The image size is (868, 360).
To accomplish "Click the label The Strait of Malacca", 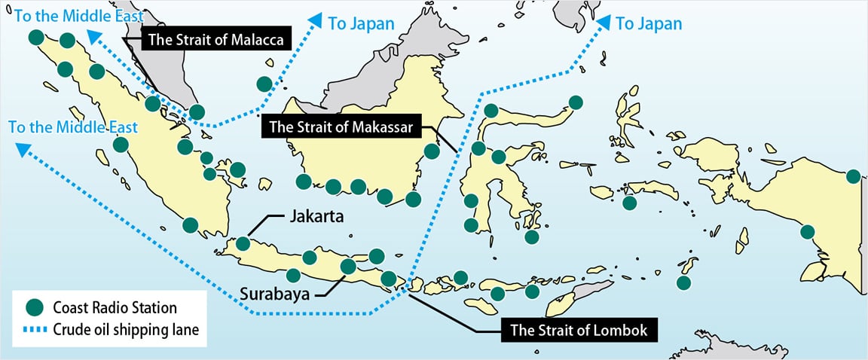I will [215, 41].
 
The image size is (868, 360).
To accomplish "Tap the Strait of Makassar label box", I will [341, 127].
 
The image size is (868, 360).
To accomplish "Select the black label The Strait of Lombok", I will [578, 329].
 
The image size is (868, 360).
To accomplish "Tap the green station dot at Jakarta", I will [243, 243].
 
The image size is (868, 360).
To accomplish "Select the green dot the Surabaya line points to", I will [348, 266].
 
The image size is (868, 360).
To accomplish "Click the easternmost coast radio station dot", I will [853, 176].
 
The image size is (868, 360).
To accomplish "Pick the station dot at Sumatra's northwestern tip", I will [35, 37].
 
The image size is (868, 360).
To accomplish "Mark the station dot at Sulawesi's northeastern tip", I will [576, 102].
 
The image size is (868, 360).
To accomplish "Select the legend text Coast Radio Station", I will [115, 308].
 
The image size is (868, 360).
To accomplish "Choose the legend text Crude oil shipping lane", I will [126, 330].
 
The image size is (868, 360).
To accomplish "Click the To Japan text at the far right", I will [649, 24].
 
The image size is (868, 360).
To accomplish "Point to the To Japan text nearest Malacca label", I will [361, 23].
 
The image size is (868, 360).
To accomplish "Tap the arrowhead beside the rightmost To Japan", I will [604, 22].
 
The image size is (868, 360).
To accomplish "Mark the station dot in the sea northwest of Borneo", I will [264, 84].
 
